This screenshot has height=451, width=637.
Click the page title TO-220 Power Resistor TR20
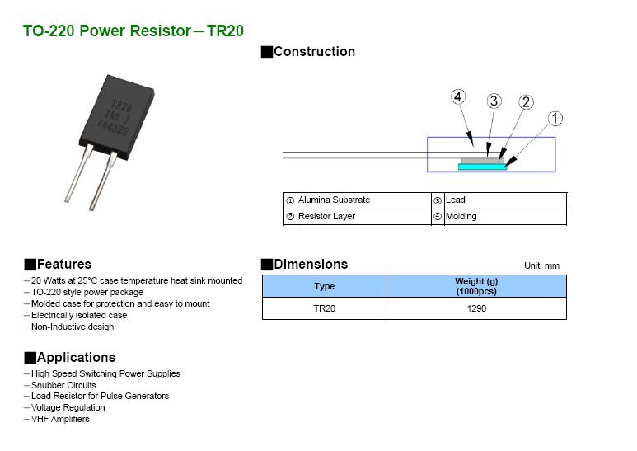pyautogui.click(x=133, y=31)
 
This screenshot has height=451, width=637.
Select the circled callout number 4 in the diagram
pyautogui.click(x=459, y=97)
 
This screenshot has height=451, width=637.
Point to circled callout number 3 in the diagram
pyautogui.click(x=494, y=101)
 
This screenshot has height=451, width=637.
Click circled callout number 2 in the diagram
pyautogui.click(x=526, y=102)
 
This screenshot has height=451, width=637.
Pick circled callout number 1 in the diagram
pyautogui.click(x=555, y=119)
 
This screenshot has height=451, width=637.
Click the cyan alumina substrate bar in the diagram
pyautogui.click(x=481, y=166)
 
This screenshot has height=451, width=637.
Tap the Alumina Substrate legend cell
pyautogui.click(x=334, y=200)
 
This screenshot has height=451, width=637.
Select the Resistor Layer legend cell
pyautogui.click(x=326, y=216)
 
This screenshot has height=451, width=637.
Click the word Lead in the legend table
pyautogui.click(x=455, y=200)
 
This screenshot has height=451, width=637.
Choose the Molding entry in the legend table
pyautogui.click(x=461, y=216)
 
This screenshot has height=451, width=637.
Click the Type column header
pyautogui.click(x=325, y=287)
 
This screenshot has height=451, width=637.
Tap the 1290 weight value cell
pyautogui.click(x=476, y=308)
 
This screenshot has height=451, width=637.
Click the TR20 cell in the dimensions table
pyautogui.click(x=325, y=308)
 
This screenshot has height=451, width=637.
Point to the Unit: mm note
pyautogui.click(x=541, y=265)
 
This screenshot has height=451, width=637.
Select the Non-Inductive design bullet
pyautogui.click(x=73, y=327)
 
